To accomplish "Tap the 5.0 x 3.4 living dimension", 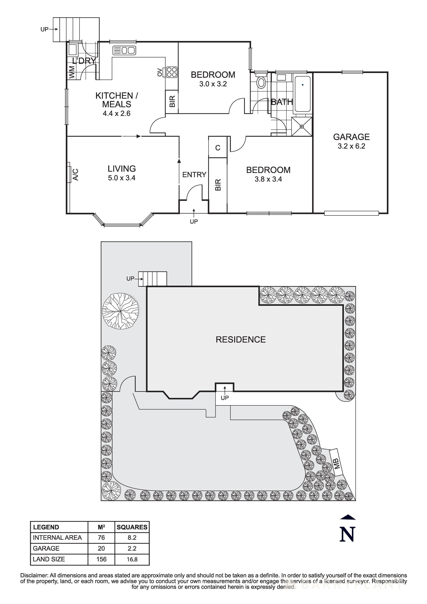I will point(122,178).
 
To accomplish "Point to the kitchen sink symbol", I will point(124,50).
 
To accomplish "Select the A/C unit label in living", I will point(75,175).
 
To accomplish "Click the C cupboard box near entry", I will point(218,148).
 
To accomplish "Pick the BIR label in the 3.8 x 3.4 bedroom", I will point(218,185).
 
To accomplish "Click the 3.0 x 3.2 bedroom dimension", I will point(213,84).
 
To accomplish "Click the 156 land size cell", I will point(101,559).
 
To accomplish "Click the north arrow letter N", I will point(347,535).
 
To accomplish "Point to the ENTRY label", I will point(194,175).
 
